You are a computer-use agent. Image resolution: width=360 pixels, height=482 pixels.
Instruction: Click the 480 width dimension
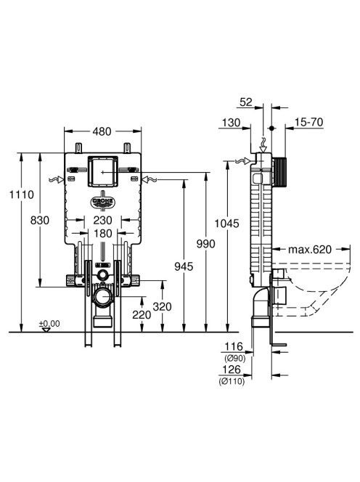102,131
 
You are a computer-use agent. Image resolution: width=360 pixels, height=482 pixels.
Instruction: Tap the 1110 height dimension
22,195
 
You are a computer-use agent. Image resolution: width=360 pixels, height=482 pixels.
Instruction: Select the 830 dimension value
40,221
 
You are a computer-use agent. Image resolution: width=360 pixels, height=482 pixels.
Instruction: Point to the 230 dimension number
102,220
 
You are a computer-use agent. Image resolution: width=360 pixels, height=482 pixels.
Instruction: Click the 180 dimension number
102,233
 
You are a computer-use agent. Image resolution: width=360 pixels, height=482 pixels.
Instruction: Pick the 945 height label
184,266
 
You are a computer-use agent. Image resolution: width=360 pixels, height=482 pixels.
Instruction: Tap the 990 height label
206,244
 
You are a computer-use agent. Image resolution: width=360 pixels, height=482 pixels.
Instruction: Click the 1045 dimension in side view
226,224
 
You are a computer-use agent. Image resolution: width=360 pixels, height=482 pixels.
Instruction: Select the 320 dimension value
162,306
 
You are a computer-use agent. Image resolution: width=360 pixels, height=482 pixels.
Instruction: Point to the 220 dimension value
142,314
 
